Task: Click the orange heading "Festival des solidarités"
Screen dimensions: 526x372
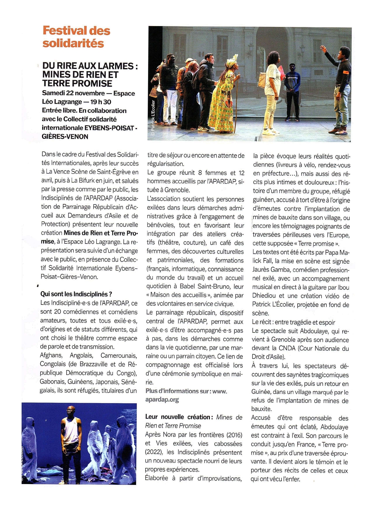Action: point(76,37)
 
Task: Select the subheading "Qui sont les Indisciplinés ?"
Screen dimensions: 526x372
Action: point(76,294)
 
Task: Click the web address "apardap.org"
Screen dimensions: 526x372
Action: point(162,400)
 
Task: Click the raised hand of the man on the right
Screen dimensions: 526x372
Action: point(323,48)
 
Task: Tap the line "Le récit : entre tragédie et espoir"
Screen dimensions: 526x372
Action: point(293,322)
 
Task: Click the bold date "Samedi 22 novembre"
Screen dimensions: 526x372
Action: point(73,93)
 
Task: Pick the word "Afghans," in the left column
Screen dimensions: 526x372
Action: point(51,355)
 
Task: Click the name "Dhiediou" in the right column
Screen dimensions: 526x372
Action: point(265,296)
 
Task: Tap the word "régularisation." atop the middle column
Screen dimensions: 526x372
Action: point(165,164)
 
